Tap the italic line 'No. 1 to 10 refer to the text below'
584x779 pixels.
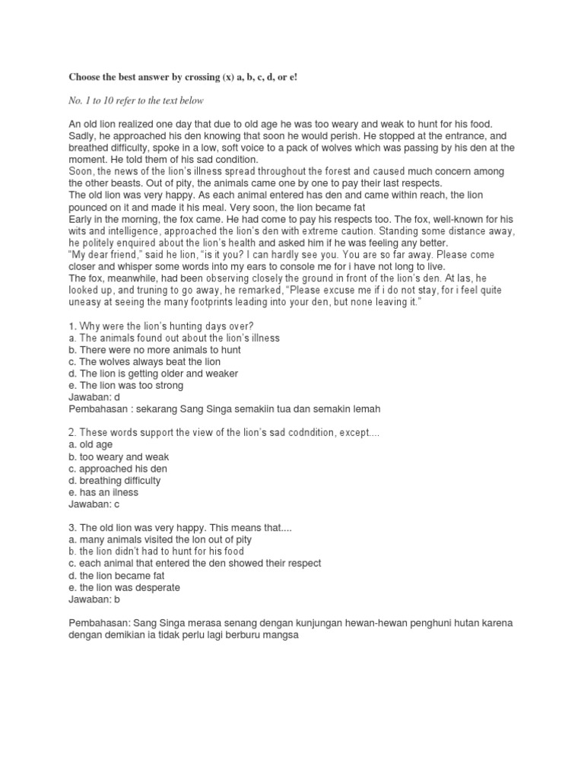click(x=136, y=100)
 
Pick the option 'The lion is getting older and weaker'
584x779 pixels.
click(x=153, y=374)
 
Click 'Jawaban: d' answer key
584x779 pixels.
click(x=95, y=385)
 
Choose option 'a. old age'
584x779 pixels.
click(x=90, y=445)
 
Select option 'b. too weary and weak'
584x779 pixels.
click(x=119, y=457)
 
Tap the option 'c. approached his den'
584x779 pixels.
click(x=117, y=469)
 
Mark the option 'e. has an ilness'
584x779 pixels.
click(x=103, y=492)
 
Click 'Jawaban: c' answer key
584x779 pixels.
click(x=94, y=504)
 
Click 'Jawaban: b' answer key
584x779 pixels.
click(x=95, y=599)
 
